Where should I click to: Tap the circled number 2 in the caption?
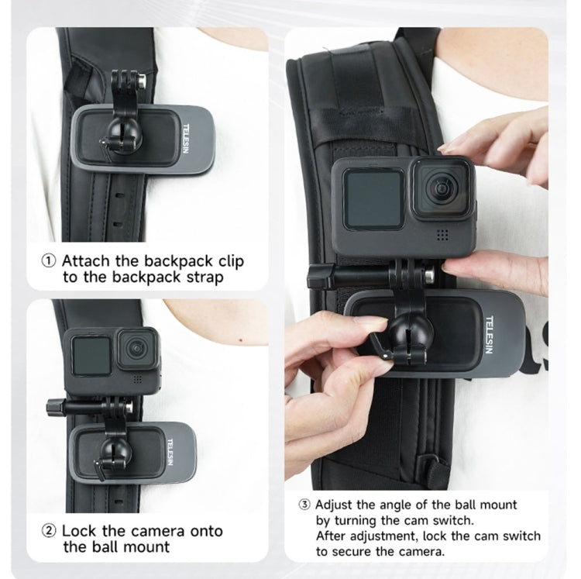click(49, 531)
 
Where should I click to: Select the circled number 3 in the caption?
click(304, 505)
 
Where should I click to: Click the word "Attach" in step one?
click(87, 260)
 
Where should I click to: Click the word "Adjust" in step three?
click(336, 505)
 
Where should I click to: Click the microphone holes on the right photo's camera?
click(443, 233)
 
